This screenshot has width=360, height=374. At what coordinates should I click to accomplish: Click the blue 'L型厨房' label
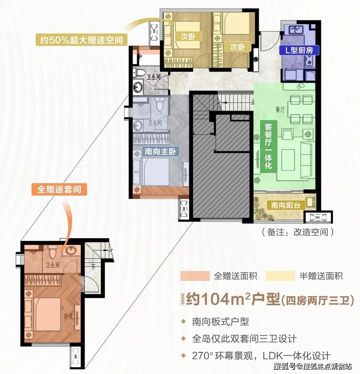(x=299, y=50)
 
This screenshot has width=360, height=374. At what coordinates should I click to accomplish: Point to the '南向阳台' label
(x=284, y=205)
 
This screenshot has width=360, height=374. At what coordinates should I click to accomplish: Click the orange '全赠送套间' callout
(x=59, y=189)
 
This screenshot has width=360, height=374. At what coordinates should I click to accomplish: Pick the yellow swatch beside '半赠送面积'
(x=280, y=276)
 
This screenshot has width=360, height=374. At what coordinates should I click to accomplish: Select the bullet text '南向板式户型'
(x=220, y=321)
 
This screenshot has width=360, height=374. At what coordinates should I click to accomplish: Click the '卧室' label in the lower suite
(x=68, y=316)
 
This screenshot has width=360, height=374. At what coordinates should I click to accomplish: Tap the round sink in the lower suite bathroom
(x=70, y=250)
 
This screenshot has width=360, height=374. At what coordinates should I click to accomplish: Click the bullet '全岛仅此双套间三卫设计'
(x=244, y=339)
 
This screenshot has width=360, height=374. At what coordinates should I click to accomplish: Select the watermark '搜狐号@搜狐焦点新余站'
(x=312, y=366)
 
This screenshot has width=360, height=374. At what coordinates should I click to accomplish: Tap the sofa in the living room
(x=307, y=156)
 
